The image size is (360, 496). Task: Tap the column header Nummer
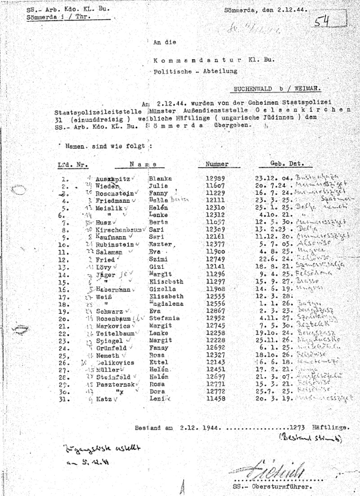click(x=217, y=164)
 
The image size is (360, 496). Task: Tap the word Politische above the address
click(x=169, y=71)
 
